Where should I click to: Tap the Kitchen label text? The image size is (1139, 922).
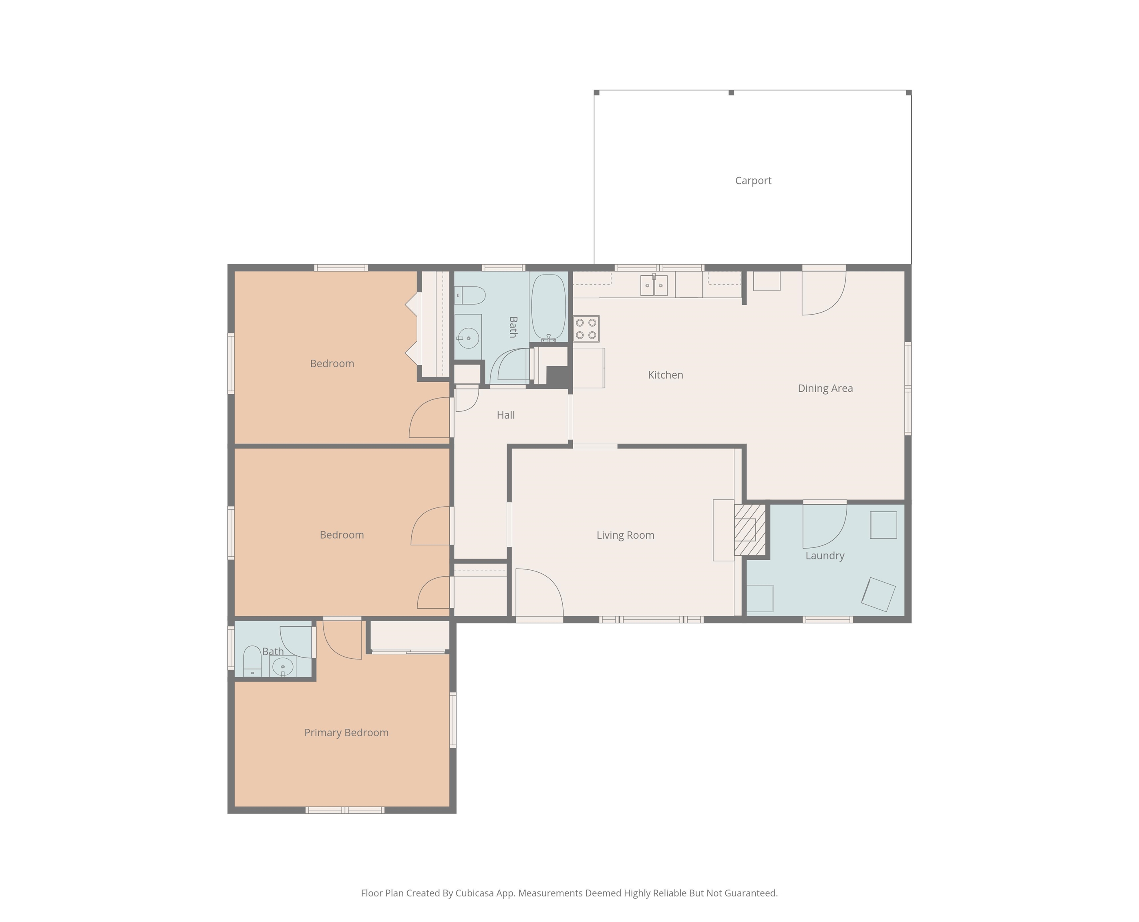pos(666,375)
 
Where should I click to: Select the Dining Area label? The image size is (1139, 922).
pos(825,388)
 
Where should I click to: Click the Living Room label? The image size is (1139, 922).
pos(625,535)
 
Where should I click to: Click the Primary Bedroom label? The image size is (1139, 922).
pos(346,733)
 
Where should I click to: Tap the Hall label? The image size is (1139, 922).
pos(505,415)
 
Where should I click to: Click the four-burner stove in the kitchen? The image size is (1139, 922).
pos(586,329)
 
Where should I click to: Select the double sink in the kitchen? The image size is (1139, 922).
pos(654,285)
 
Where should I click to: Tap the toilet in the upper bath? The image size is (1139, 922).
pos(470,295)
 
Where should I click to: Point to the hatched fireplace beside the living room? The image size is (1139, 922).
pos(749,529)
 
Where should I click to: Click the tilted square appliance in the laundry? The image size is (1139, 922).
pos(878,594)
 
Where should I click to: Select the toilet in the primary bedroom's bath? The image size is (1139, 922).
pos(252,661)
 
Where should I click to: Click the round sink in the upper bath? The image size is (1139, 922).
pos(468,338)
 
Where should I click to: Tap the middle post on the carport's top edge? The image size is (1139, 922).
pos(731,93)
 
